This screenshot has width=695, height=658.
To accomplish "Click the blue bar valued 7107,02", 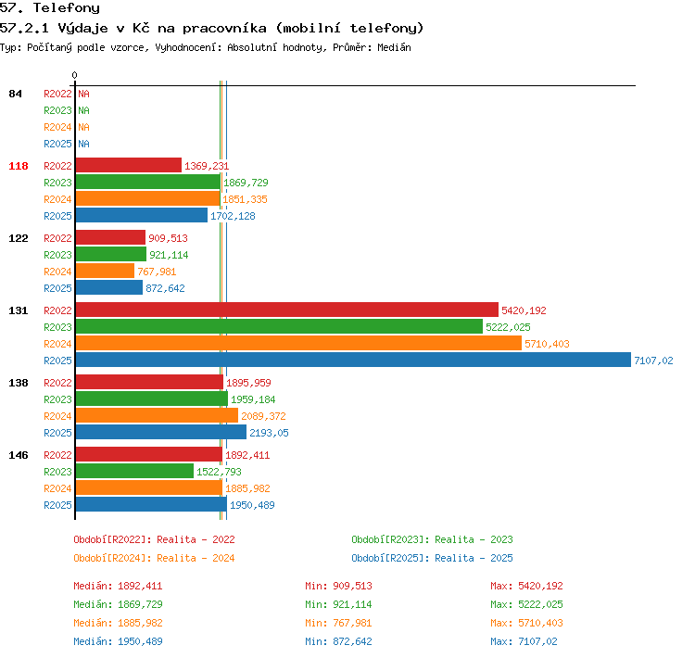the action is point(353,360).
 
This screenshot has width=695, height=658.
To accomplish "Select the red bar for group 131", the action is point(286,310).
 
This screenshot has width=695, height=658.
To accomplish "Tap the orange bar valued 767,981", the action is point(105,271).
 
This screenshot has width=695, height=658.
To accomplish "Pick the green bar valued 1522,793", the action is point(134,471).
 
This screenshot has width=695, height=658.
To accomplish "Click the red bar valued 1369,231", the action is point(129,165).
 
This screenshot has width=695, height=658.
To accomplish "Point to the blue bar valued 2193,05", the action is point(161,432).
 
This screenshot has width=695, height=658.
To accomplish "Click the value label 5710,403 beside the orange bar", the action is point(547,344).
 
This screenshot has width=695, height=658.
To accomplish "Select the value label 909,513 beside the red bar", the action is point(168,238).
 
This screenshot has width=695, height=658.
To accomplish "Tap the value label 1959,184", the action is point(253,399).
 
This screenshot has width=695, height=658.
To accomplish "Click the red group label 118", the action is point(19,166).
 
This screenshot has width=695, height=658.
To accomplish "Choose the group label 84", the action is point(15,94).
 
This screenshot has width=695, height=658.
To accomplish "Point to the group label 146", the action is point(19,455).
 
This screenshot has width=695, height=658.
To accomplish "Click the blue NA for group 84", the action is point(83,144).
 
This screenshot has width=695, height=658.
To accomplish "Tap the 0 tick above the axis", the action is point(74,75).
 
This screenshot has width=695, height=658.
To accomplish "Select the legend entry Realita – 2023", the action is point(474,539).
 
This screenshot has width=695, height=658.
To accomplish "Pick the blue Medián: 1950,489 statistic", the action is point(118,641).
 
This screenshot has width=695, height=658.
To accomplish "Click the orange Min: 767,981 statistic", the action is point(338,623).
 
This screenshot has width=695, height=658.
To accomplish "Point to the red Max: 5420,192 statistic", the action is point(526,586).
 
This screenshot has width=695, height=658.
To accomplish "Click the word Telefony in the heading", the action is point(67,7).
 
